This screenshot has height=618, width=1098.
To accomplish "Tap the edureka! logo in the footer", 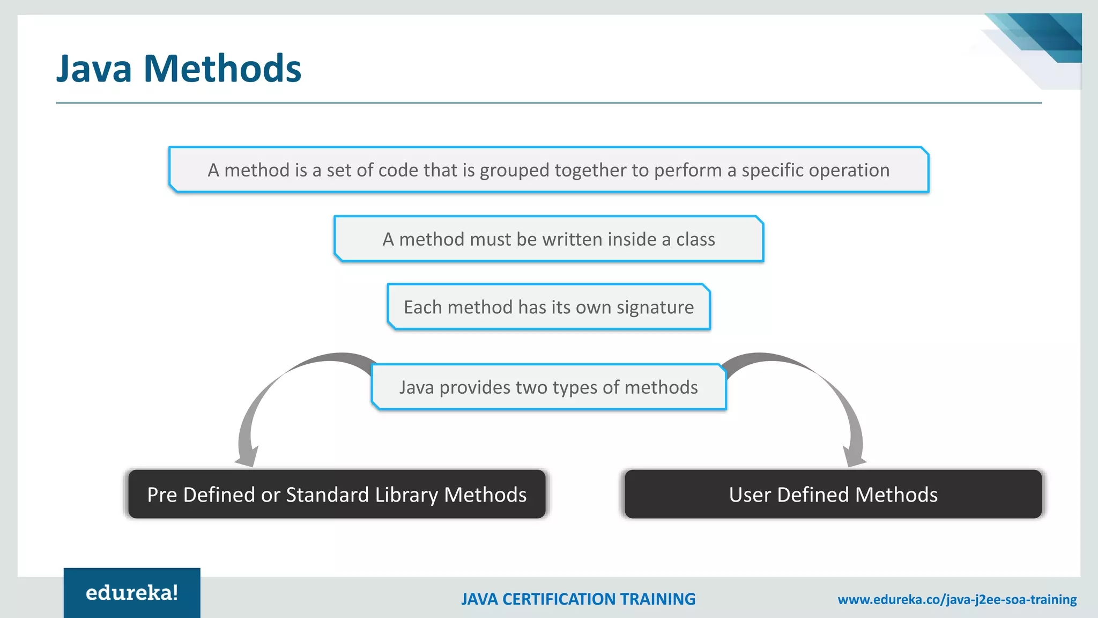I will click(132, 593).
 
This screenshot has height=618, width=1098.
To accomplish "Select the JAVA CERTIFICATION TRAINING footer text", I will click(578, 599).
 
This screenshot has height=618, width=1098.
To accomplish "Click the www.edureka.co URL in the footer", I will click(957, 599).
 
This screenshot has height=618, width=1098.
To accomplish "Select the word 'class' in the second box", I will click(695, 239).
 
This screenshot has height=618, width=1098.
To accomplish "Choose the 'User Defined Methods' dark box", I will click(833, 494).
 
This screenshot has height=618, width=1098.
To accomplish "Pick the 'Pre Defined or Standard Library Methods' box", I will click(337, 494).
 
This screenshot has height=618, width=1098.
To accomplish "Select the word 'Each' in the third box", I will click(422, 307).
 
